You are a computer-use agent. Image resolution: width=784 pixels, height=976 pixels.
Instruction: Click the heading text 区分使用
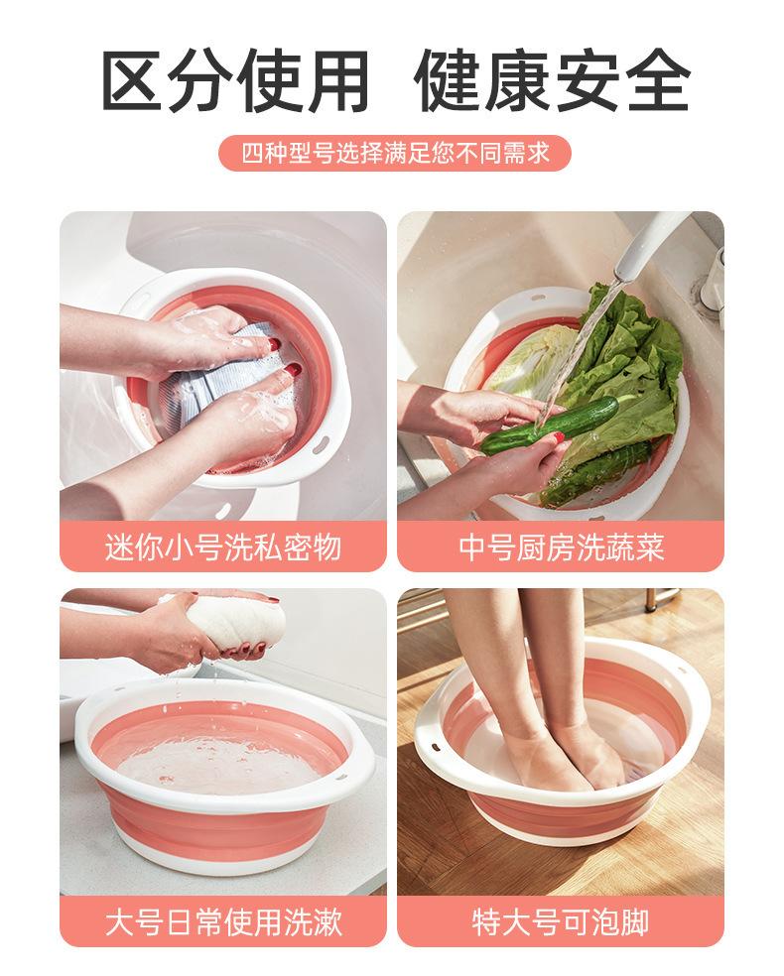click(x=235, y=81)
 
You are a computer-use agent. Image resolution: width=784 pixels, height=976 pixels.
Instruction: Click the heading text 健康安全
click(x=553, y=81)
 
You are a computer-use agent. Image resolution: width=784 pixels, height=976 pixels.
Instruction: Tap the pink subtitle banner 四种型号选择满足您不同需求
click(x=395, y=153)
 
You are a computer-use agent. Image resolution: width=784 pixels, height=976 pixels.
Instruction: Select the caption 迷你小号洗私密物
click(x=223, y=548)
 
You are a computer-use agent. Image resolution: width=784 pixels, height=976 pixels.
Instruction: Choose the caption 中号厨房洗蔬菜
click(x=561, y=548)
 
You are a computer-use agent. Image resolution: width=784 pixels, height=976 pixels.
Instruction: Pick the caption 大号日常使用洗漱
click(x=223, y=921)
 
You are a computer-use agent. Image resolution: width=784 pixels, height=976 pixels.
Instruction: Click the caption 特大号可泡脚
click(x=561, y=921)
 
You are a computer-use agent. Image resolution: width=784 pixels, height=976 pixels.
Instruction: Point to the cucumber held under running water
click(x=549, y=425)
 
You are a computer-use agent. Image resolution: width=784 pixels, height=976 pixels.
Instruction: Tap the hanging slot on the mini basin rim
click(x=321, y=444)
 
